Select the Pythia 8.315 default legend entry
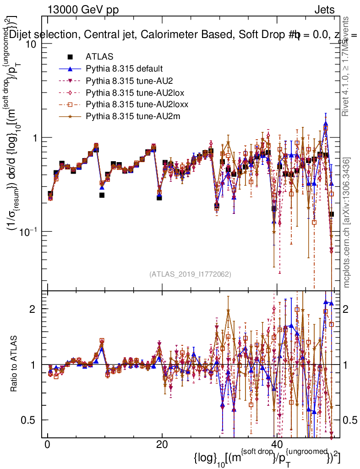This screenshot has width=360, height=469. point(124,69)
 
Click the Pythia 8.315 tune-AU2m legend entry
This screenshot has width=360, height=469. point(129,117)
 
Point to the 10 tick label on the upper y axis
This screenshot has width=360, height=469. point(30,44)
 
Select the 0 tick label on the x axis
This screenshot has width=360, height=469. point(47,445)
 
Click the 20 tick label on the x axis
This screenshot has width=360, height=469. point(161,445)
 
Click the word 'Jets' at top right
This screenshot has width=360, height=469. point(324,10)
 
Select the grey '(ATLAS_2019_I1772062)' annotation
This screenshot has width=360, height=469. point(190,274)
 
